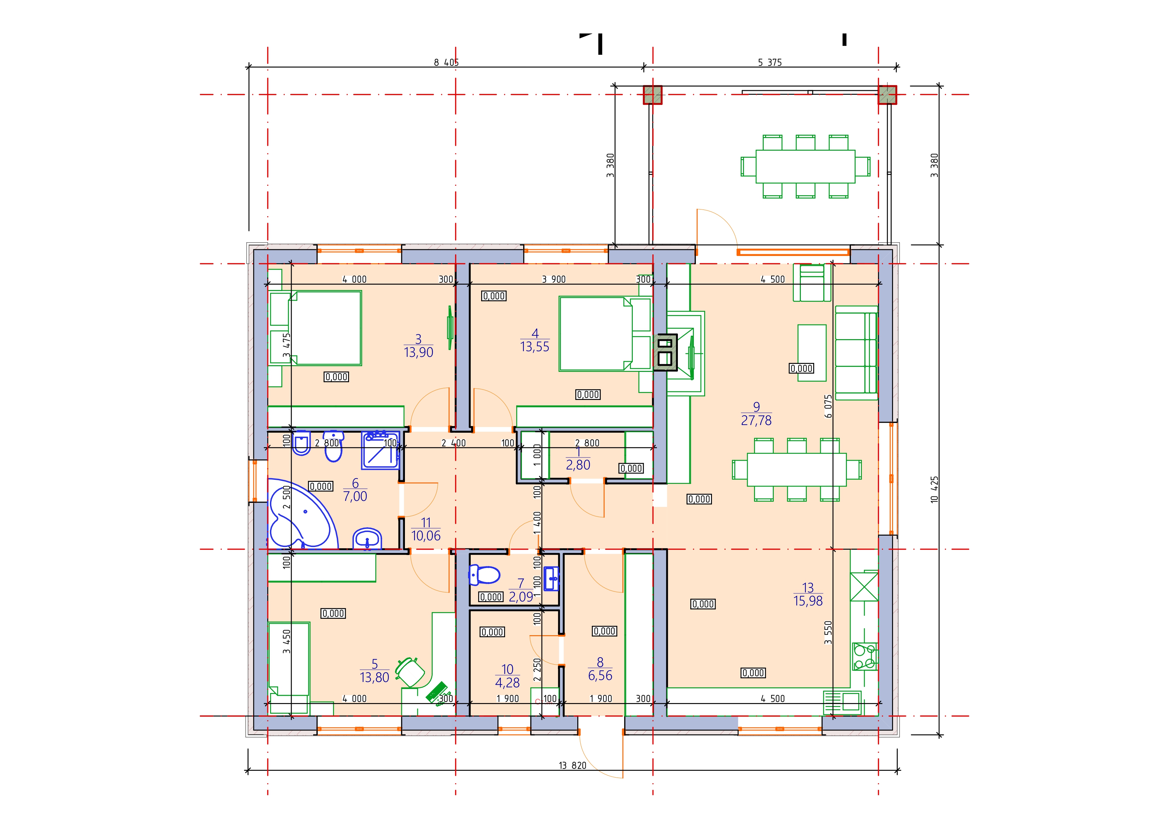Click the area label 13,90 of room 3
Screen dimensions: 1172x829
tap(419, 352)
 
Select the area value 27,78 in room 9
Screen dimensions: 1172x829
tap(756, 421)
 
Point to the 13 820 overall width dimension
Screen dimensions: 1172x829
tap(572, 765)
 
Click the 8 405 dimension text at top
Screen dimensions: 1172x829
tap(446, 62)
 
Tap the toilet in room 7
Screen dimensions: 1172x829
tap(483, 575)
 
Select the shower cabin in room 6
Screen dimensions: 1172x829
tap(380, 450)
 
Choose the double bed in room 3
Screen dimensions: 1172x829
tap(325, 328)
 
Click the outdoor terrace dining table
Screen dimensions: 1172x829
tap(805, 166)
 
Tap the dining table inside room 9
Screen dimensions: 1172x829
tap(797, 469)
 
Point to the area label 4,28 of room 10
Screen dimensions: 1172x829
tap(507, 683)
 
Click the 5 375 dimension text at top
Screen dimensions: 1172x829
tap(770, 62)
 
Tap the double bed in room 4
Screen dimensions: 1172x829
tap(605, 334)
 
